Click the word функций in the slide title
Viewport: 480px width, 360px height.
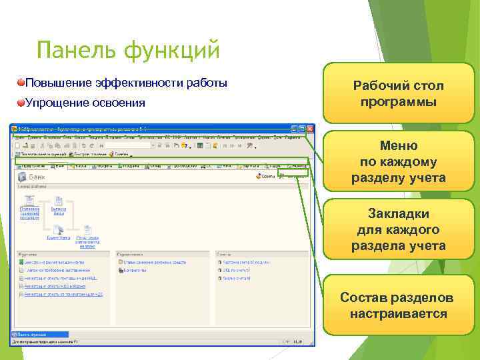165,49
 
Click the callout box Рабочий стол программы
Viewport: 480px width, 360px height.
398,94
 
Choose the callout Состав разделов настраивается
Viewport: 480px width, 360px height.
398,305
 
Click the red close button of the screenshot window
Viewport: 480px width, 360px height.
309,128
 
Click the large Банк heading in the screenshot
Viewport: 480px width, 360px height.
40,177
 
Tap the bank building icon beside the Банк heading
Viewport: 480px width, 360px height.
22,177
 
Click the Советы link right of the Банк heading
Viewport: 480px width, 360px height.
267,177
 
